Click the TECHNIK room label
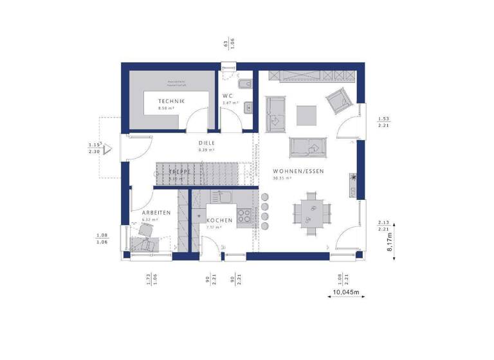[x=172, y=102]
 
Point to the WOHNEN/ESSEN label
[x=298, y=171]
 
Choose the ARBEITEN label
[x=156, y=212]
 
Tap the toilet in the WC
[x=244, y=85]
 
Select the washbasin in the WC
[x=248, y=108]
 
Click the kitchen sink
[x=224, y=196]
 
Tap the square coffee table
[x=306, y=115]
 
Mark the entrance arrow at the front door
[x=109, y=149]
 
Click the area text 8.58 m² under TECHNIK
[x=166, y=109]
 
